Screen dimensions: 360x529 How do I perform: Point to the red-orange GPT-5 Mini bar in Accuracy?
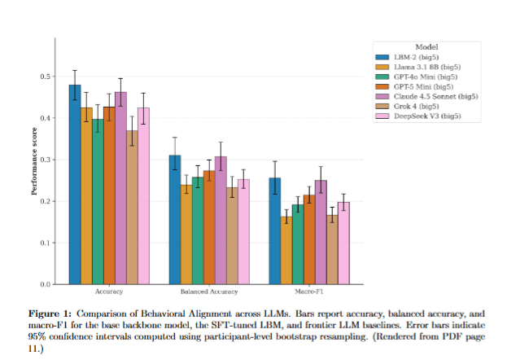(x=109, y=195)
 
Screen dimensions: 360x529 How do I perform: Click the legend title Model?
(x=426, y=46)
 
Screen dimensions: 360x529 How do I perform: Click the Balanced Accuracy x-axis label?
(x=209, y=292)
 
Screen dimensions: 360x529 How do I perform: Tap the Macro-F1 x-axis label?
(x=308, y=292)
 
